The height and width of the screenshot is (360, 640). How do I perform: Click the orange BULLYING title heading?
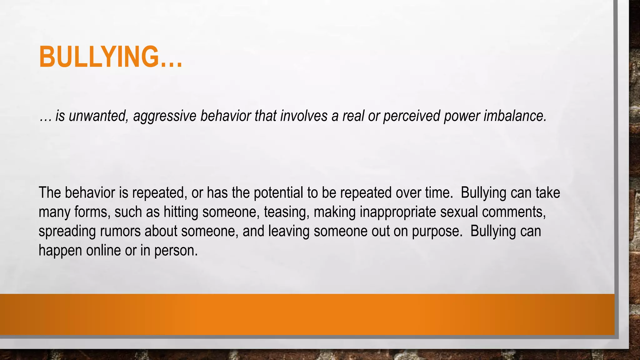[110, 57]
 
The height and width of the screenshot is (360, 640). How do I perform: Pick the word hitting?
[181, 212]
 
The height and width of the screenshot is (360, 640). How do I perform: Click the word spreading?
[67, 232]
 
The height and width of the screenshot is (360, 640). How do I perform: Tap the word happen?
[60, 251]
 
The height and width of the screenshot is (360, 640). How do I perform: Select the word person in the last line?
[176, 251]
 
